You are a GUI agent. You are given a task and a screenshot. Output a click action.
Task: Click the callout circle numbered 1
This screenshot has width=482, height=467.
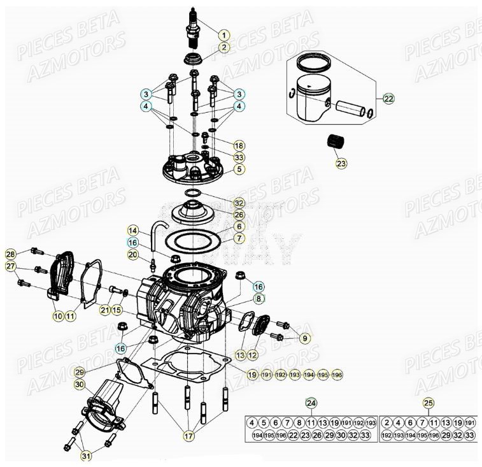pyautogui.click(x=223, y=34)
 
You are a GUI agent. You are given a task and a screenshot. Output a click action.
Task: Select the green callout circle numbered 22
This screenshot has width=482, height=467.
pyautogui.click(x=388, y=98)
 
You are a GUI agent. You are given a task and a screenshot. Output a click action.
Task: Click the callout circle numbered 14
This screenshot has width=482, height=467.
pyautogui.click(x=132, y=230)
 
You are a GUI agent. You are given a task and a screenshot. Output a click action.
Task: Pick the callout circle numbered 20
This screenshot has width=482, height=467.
pyautogui.click(x=132, y=255)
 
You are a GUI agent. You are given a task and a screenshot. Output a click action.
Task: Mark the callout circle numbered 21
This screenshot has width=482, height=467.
pyautogui.click(x=104, y=310)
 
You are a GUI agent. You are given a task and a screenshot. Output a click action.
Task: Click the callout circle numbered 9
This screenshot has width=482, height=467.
pyautogui.click(x=304, y=338)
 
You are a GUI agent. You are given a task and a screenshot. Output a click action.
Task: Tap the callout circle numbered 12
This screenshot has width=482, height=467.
pyautogui.click(x=252, y=354)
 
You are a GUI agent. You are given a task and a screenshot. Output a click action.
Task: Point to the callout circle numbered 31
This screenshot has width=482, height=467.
pyautogui.click(x=85, y=456)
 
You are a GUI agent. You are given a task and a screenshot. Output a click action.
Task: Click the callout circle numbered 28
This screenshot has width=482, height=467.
pyautogui.click(x=11, y=254)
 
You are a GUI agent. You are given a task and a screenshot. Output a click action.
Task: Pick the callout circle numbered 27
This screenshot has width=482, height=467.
pyautogui.click(x=11, y=266)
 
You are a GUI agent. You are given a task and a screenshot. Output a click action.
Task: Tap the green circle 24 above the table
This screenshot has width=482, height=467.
pyautogui.click(x=311, y=403)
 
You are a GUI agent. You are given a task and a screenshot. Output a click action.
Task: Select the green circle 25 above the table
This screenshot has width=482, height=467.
pyautogui.click(x=427, y=403)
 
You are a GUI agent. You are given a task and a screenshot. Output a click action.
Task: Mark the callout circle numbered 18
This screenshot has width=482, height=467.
pyautogui.click(x=238, y=145)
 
